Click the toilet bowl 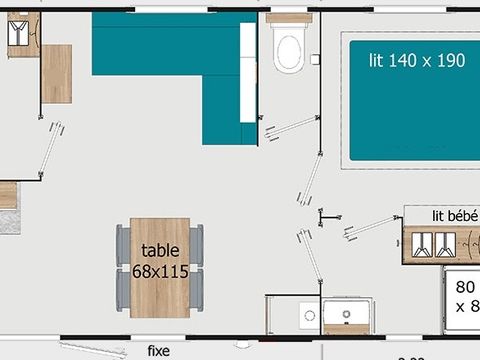tap(289, 51)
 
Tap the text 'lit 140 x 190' tap(416, 61)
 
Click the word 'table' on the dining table tap(160, 251)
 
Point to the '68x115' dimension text tap(160, 271)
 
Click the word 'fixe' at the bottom tap(158, 351)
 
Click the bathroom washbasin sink tap(346, 314)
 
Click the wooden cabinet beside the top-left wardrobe tap(56, 74)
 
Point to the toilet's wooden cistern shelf tap(289, 18)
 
